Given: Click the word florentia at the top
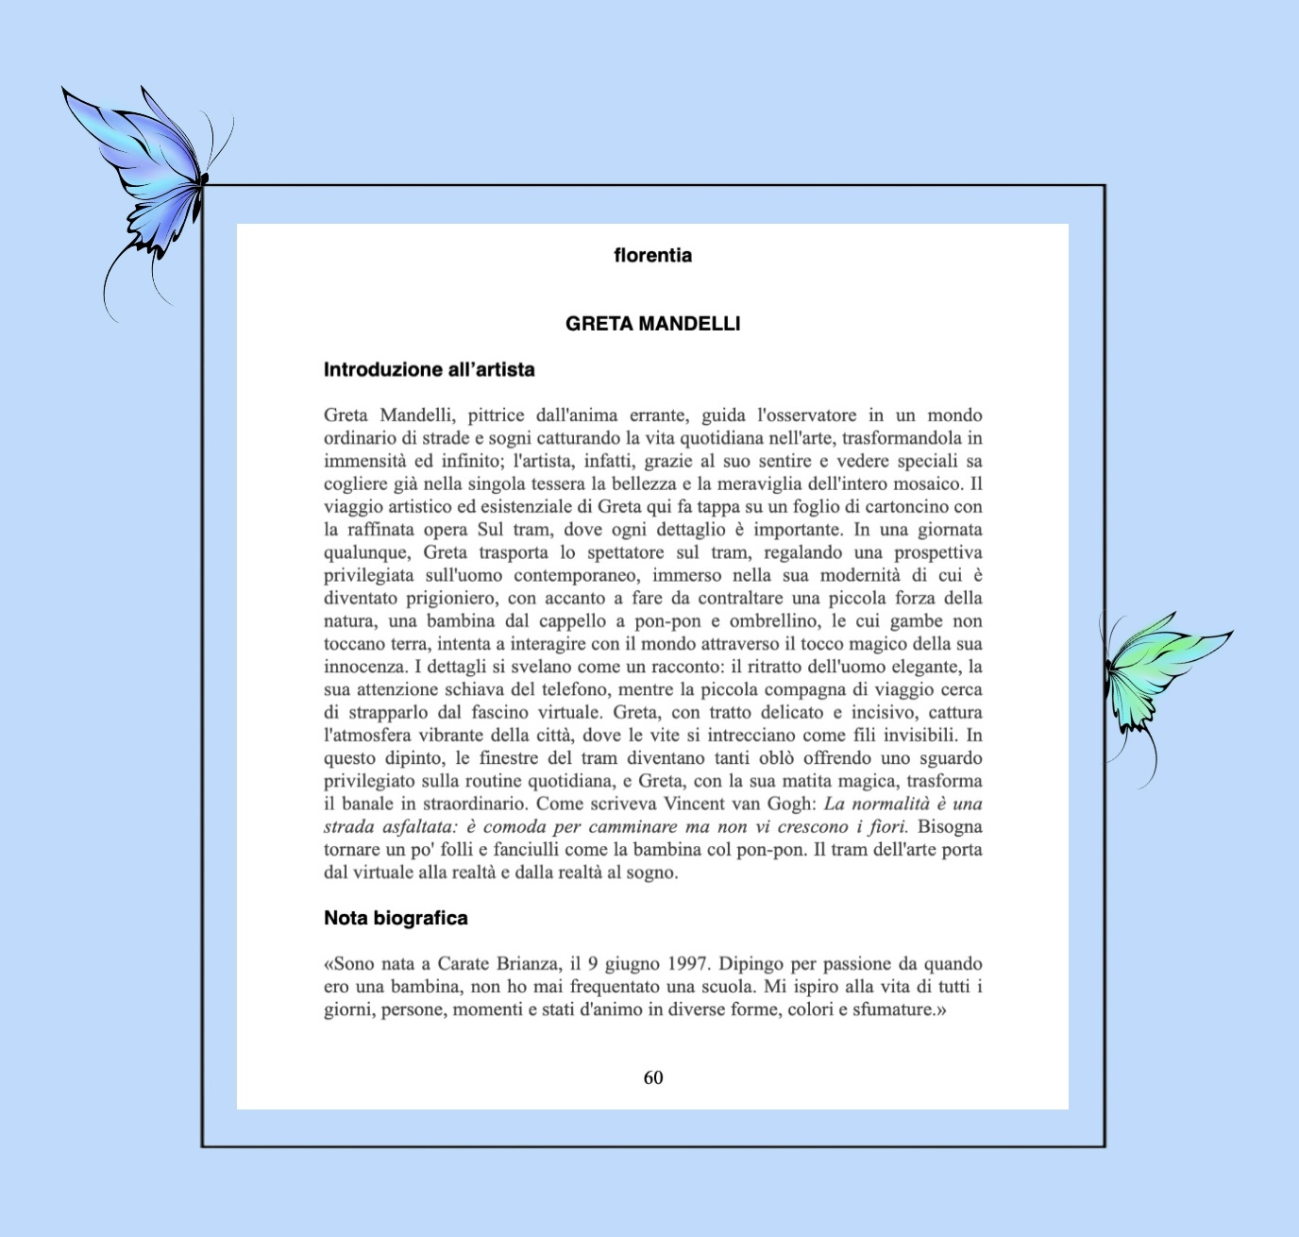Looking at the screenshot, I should pos(652,255).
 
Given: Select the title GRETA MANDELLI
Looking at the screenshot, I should pos(652,324).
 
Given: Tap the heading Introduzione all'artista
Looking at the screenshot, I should pos(429,370).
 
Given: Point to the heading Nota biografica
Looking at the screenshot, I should pos(396,918).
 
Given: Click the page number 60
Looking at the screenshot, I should pos(653,1077).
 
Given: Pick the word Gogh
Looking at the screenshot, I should pos(790,805).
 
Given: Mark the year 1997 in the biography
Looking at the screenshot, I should pos(688,964).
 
